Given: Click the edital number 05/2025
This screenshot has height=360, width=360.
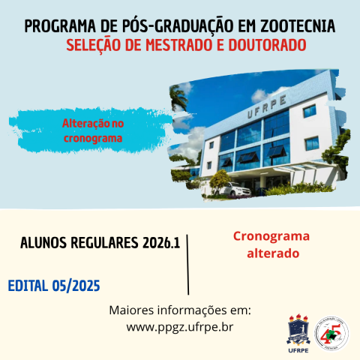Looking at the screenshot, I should click(x=77, y=286).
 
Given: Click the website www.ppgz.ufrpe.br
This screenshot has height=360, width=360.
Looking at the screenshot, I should click(x=180, y=326).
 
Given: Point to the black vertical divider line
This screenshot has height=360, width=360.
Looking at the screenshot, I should click(x=187, y=263).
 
